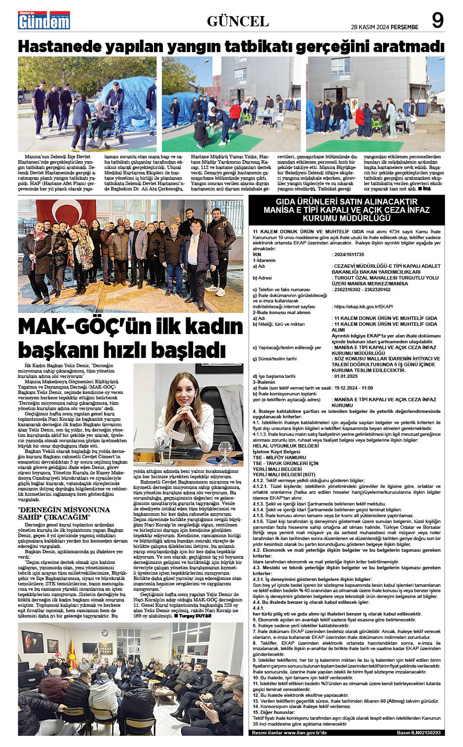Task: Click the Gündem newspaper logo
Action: pos(43,20)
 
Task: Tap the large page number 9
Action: pos(438,20)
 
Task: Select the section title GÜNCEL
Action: pos(238,21)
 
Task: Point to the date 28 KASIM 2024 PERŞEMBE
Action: pos(385,26)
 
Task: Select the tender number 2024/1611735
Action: pos(349,255)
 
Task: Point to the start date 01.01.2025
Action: pos(347,376)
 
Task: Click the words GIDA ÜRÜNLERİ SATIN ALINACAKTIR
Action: pos(347,202)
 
